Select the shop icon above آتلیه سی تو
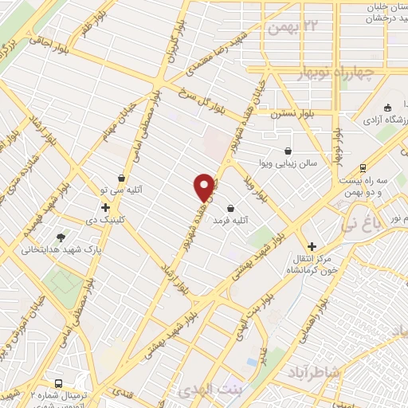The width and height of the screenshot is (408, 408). pyautogui.click(x=120, y=178)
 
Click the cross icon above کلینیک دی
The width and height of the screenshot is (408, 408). pyautogui.click(x=104, y=207)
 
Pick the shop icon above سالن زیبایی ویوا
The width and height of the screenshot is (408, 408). pyautogui.click(x=288, y=151)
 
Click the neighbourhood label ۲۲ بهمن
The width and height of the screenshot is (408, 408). pyautogui.click(x=292, y=28)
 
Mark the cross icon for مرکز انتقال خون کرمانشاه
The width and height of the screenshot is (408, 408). pyautogui.click(x=312, y=246)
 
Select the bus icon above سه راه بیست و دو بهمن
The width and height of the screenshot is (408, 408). pyautogui.click(x=363, y=168)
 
